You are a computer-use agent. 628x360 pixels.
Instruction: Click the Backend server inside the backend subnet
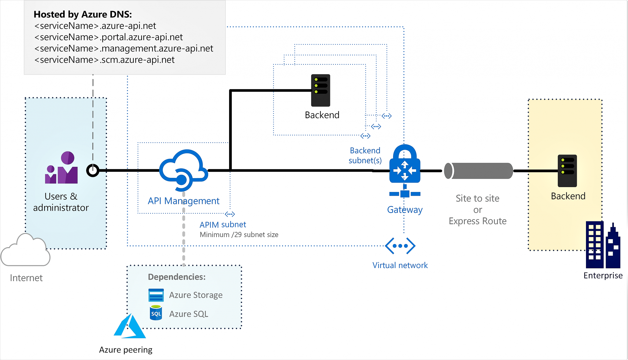point(320,90)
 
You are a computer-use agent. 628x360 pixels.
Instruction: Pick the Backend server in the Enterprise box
point(567,171)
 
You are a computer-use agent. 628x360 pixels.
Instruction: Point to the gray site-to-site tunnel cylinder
point(478,171)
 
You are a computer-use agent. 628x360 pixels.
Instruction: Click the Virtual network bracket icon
point(400,246)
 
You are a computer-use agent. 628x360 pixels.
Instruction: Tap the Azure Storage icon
point(156,295)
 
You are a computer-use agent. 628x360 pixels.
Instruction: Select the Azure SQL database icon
point(156,313)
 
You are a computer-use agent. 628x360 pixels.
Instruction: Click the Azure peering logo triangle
point(130,327)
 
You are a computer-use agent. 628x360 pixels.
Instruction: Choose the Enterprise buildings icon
point(603,245)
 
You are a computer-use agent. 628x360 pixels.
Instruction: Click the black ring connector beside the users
point(93,170)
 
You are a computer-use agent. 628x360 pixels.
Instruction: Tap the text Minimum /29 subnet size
point(239,235)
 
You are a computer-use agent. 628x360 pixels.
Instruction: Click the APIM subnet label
point(223,225)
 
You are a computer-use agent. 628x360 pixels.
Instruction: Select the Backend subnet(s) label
point(365,155)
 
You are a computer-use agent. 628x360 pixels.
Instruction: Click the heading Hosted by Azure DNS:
point(83,14)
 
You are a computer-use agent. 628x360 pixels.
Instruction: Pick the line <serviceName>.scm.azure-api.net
point(104,60)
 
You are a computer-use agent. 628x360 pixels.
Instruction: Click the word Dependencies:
point(177,277)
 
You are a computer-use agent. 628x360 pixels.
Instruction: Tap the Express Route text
point(477,221)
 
